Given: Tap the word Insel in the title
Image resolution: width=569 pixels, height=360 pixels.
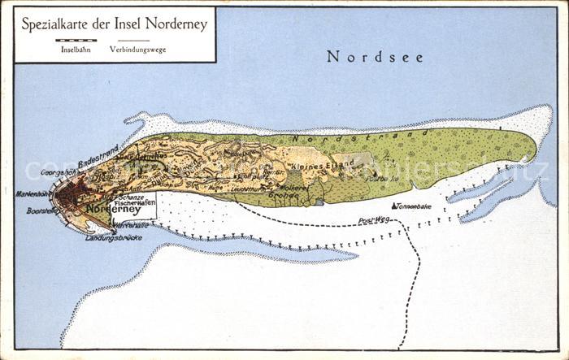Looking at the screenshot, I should (141, 24).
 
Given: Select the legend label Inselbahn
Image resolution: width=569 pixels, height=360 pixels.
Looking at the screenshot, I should (75, 50).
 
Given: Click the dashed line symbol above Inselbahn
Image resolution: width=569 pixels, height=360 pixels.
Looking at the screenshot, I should (75, 40).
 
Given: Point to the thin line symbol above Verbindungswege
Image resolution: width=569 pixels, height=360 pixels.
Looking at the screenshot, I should (133, 40).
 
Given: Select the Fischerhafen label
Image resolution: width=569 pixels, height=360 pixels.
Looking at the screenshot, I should (136, 202).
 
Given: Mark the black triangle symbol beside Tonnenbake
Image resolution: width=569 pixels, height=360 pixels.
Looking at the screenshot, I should (394, 206).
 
